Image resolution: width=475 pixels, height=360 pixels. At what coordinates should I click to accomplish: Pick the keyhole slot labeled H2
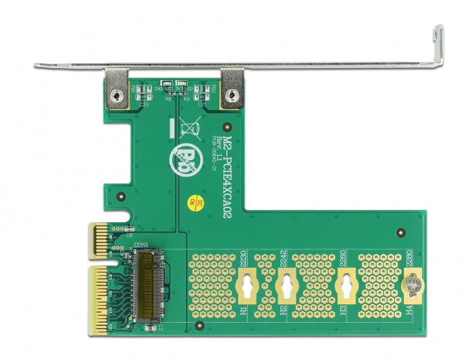pyautogui.click(x=287, y=288)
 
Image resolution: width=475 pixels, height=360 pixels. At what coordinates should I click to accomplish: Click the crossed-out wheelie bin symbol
pyautogui.click(x=188, y=127)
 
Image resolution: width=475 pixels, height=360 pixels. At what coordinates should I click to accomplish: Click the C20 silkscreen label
pyautogui.click(x=144, y=105)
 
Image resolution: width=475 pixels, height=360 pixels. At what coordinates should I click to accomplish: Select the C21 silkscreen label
pyautogui.click(x=202, y=105)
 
